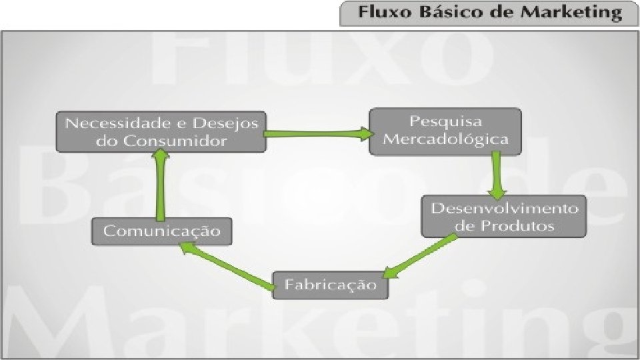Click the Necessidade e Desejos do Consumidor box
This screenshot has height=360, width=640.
[x=159, y=131]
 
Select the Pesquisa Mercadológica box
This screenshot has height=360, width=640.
[x=445, y=131]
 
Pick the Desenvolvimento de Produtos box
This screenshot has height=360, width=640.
[x=504, y=216]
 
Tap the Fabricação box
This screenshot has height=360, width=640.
[x=331, y=285]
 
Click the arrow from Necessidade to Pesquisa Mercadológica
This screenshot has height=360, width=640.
[x=317, y=133]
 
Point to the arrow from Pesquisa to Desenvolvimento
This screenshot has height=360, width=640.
[x=496, y=175]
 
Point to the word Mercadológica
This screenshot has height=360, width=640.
[x=446, y=139]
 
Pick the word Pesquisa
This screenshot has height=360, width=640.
[x=446, y=122]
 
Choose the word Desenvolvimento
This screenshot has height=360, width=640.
[x=505, y=207]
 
